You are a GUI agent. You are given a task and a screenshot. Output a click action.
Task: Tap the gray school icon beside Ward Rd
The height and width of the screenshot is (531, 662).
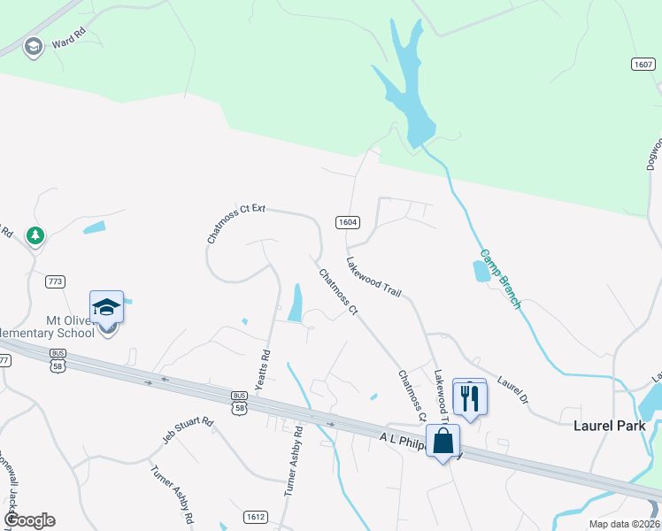click(34, 46)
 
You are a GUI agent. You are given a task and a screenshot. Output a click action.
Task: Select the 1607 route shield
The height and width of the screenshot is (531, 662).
click(643, 65)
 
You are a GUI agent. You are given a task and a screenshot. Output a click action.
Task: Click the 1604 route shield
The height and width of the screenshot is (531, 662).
click(347, 221)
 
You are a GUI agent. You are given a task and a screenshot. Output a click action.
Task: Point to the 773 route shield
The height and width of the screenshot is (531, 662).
click(56, 281)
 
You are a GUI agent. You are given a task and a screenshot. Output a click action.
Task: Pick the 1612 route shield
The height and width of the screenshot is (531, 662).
click(255, 515)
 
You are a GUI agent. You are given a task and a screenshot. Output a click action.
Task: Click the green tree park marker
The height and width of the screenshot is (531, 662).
click(35, 236)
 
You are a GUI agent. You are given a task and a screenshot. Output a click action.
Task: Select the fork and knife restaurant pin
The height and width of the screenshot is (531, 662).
click(469, 396)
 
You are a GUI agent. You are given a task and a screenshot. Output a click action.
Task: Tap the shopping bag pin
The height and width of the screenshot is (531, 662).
click(443, 440)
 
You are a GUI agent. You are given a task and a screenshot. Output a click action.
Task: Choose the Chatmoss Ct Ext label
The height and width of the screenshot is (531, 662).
click(236, 222)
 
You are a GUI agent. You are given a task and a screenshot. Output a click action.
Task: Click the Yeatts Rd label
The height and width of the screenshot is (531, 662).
click(265, 364)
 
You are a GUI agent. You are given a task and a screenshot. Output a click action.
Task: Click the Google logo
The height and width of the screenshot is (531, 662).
click(29, 520)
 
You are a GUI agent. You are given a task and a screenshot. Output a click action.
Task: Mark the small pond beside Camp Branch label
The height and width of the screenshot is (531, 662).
click(481, 271)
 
